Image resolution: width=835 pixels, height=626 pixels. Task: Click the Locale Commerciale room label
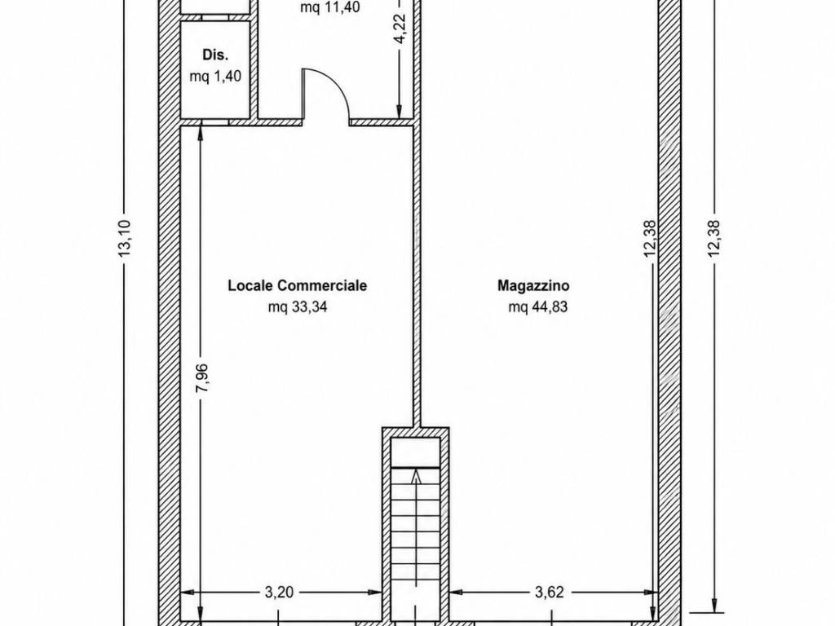pos(297,285)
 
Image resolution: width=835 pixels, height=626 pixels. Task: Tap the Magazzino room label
pos(533,285)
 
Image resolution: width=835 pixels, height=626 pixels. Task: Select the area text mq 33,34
pos(298,307)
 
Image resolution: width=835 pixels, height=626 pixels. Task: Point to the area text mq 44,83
pos(538,307)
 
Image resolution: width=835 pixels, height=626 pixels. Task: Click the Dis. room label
pos(215,55)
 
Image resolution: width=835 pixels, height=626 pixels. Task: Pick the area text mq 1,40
pos(215,76)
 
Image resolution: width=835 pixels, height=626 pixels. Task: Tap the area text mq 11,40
pos(330,7)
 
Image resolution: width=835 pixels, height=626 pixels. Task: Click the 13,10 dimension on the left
pos(125,239)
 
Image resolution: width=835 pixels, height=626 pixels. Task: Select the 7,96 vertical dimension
pos(202,378)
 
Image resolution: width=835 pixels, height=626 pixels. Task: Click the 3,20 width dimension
pos(280,593)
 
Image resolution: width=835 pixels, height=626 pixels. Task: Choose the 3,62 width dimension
pos(549,593)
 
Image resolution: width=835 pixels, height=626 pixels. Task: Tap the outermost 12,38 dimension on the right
pos(714,239)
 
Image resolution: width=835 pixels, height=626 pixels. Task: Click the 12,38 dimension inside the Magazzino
pos(650,239)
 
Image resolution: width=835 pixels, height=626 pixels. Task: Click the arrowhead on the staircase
pos(416,476)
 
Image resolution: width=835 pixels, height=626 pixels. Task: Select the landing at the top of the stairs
pos(416,452)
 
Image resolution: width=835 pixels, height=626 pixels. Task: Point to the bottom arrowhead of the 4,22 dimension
pos(399,112)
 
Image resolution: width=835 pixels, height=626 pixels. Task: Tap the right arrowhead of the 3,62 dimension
pos(652,592)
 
